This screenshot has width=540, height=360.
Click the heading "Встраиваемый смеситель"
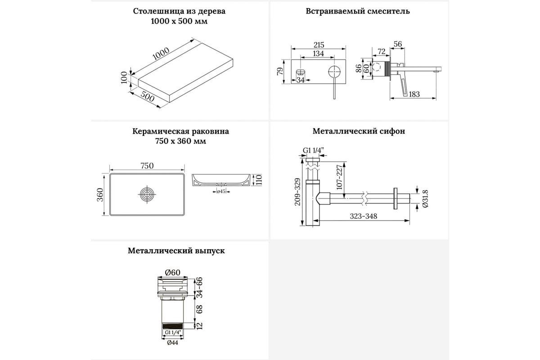point(357,11)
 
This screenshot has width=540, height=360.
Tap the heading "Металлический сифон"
point(359,131)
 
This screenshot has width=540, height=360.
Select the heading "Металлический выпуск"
point(176,251)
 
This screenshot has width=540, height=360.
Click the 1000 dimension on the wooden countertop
point(161,54)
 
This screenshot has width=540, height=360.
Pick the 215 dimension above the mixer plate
point(318,45)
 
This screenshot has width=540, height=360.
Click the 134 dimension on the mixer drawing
point(318,54)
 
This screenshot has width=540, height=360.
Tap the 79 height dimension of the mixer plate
point(280,71)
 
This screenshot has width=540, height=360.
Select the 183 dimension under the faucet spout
point(414,94)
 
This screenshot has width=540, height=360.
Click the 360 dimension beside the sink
point(101,194)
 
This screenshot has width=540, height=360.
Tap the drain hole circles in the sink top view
point(147,194)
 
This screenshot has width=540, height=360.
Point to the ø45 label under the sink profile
point(221,191)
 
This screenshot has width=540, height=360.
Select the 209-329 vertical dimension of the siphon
point(297,191)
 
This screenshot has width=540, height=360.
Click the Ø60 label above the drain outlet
point(172,272)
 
